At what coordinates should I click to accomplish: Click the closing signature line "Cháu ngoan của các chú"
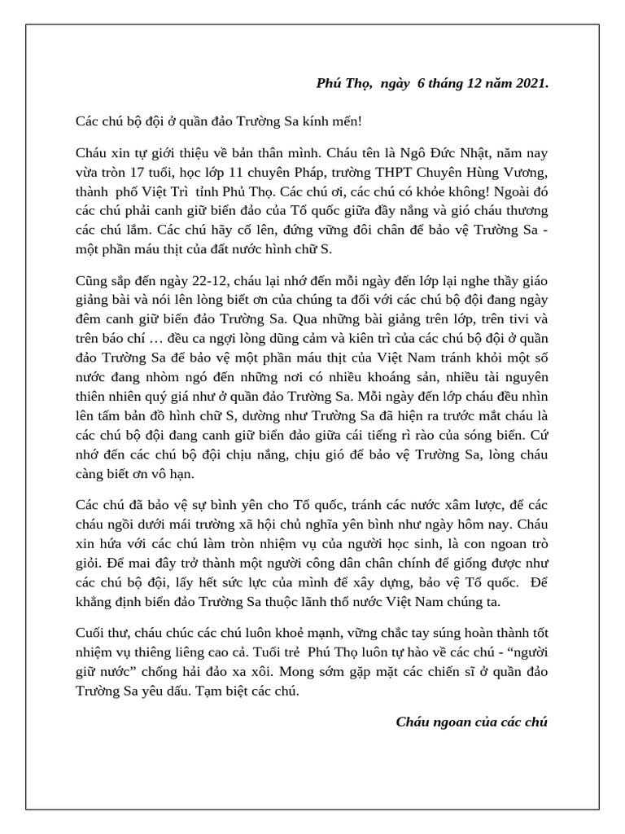pos(472,722)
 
